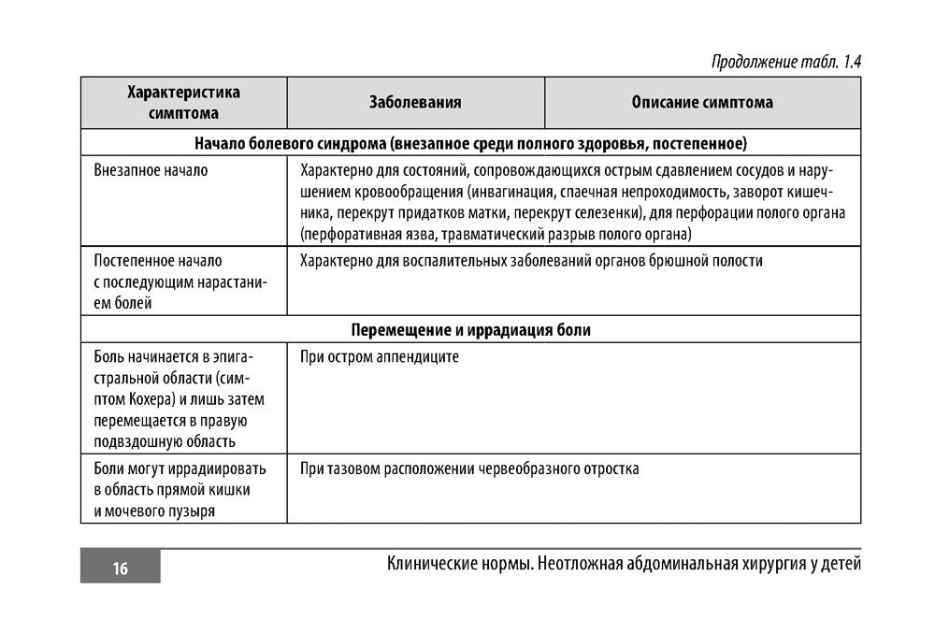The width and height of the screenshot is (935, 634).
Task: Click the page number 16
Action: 120,569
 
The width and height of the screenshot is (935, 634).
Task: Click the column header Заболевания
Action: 415,103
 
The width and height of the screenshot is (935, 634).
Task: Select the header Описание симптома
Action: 702,103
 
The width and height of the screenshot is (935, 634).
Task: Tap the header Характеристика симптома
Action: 183,103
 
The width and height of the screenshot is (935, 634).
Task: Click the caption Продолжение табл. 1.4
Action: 785,62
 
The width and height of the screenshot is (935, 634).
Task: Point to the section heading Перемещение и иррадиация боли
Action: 470,330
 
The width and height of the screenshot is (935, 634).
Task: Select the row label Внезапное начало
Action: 151,171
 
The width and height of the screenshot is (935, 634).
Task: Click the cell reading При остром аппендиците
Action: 380,357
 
